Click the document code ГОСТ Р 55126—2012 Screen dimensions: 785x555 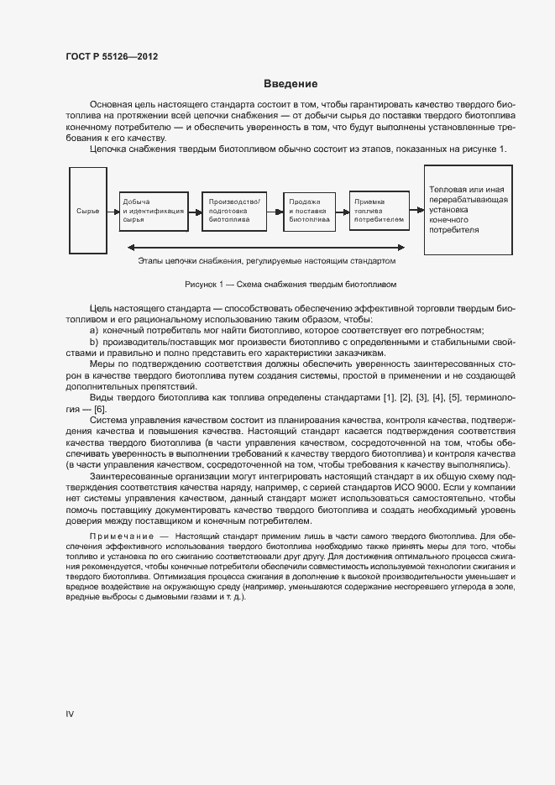112,57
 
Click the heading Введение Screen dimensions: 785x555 291,84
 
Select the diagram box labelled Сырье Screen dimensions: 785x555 87,210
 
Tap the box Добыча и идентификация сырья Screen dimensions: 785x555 153,210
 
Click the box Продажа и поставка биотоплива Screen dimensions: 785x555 308,210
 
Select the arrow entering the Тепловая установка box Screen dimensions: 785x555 417,210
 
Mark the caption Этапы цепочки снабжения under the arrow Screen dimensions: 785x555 266,261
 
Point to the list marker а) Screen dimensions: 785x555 93,332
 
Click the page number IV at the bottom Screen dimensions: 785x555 71,714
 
